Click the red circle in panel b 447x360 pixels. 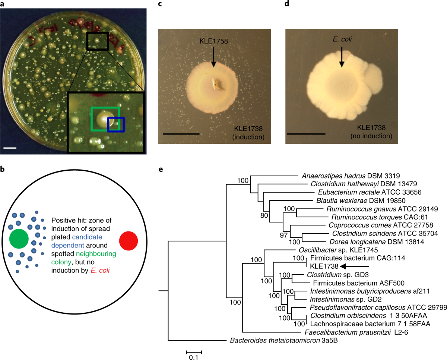pyautogui.click(x=129, y=241)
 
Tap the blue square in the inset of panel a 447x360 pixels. pyautogui.click(x=115, y=124)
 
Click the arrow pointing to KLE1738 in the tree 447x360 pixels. pyautogui.click(x=356, y=266)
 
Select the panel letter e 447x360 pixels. pyautogui.click(x=161, y=169)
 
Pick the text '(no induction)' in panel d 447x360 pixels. pyautogui.click(x=371, y=137)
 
